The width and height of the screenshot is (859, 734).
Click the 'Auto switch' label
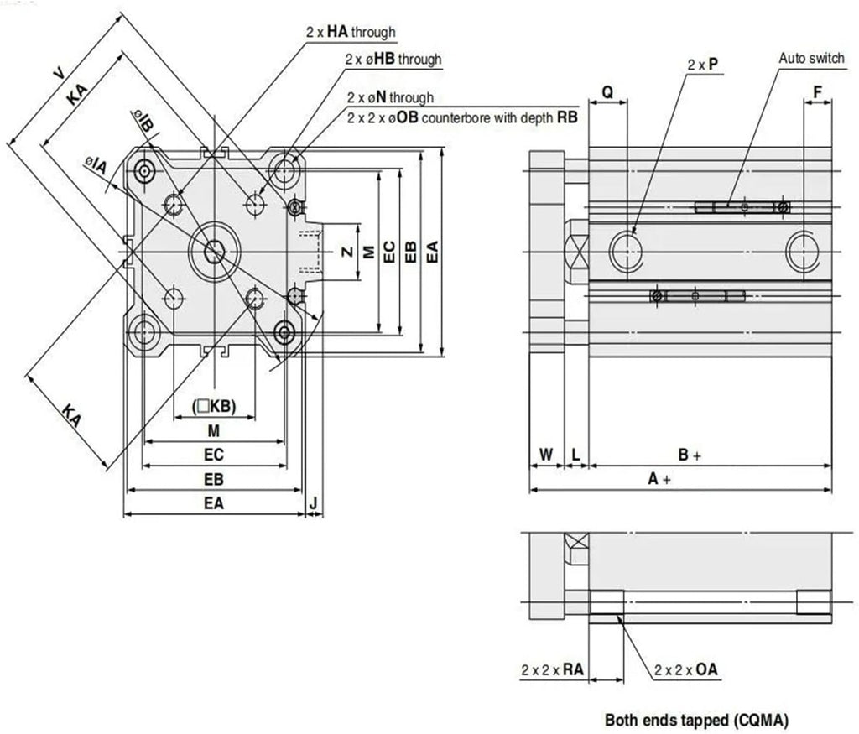pyautogui.click(x=811, y=58)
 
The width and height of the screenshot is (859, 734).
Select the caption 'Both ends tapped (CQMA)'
pyautogui.click(x=697, y=719)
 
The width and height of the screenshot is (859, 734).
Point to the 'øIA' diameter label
pyautogui.click(x=96, y=165)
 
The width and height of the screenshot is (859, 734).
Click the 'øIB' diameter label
pyautogui.click(x=143, y=120)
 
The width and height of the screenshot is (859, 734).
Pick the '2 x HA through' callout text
pyautogui.click(x=351, y=32)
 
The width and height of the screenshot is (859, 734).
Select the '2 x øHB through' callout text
pyautogui.click(x=393, y=59)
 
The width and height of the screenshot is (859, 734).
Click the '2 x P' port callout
pyautogui.click(x=703, y=64)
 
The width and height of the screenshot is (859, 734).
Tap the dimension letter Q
pyautogui.click(x=607, y=92)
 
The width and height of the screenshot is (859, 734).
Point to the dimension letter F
pyautogui.click(x=817, y=92)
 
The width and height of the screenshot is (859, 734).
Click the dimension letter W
pyautogui.click(x=546, y=454)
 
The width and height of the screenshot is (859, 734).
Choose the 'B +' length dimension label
pyautogui.click(x=690, y=454)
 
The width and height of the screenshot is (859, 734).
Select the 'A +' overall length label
pyautogui.click(x=659, y=479)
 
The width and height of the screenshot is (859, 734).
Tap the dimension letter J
pyautogui.click(x=314, y=502)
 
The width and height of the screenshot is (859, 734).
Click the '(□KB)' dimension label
pyautogui.click(x=214, y=406)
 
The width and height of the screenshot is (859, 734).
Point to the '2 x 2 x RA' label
pyautogui.click(x=552, y=669)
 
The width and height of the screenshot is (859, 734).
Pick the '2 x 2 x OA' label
pyautogui.click(x=686, y=669)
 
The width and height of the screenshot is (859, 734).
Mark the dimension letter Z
pyautogui.click(x=347, y=252)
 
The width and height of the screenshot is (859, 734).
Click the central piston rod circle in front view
pyautogui.click(x=214, y=252)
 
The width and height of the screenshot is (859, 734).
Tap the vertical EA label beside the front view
pyautogui.click(x=432, y=252)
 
